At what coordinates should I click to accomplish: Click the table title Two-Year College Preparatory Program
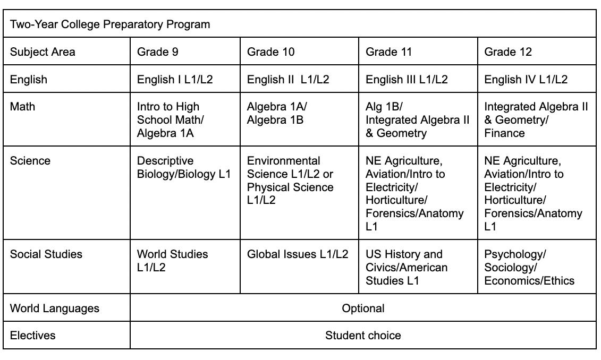[x=110, y=24]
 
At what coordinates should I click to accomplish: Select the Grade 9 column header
[x=157, y=52]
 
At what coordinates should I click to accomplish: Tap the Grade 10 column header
[x=270, y=52]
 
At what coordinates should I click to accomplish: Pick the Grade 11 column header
[x=389, y=52]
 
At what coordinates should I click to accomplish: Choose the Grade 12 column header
[x=508, y=52]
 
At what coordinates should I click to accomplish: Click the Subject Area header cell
[x=43, y=52]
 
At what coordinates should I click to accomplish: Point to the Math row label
[x=22, y=107]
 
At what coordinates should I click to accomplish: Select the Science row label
[x=30, y=161]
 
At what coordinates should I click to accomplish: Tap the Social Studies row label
[x=46, y=254]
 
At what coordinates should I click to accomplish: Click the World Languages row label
[x=54, y=308]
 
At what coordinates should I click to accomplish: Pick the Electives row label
[x=32, y=336]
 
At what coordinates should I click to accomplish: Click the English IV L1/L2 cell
[x=526, y=80]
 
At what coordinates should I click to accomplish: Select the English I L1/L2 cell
[x=175, y=80]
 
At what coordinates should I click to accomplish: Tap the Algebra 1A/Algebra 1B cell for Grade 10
[x=277, y=113]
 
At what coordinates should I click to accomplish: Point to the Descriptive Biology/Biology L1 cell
[x=183, y=167]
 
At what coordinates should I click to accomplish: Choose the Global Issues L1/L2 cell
[x=298, y=254]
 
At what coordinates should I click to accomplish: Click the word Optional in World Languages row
[x=363, y=308]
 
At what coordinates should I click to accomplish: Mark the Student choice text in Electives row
[x=363, y=336]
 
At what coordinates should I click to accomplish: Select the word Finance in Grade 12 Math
[x=504, y=133]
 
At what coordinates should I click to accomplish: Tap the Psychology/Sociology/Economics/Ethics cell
[x=529, y=268]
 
